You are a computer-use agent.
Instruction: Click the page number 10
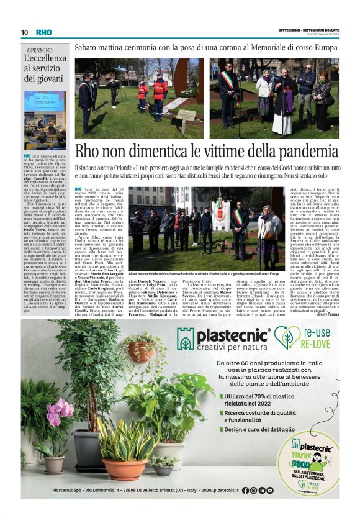pos(24,32)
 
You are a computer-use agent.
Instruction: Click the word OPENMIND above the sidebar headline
pos(39,49)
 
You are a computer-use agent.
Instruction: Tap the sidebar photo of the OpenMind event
pos(45,121)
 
